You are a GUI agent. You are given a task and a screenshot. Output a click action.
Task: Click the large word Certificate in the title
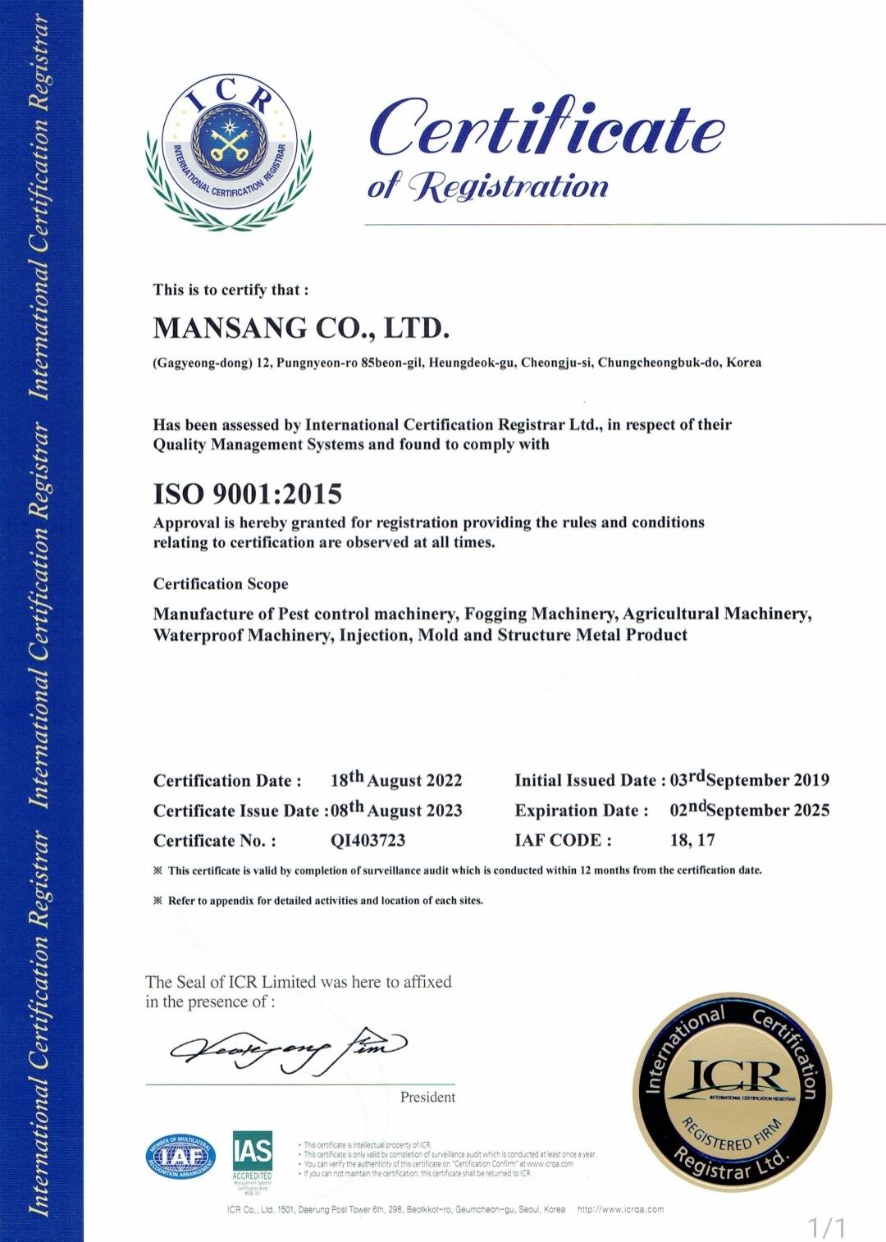point(546,128)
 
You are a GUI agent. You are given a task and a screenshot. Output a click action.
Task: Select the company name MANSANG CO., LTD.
point(301,328)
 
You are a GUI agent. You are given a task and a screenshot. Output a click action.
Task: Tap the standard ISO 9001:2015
point(247,494)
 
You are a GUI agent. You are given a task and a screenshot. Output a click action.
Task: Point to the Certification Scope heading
point(221,584)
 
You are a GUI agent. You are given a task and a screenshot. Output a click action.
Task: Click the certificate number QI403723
point(368,841)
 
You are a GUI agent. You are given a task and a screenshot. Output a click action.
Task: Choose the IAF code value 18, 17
point(692,840)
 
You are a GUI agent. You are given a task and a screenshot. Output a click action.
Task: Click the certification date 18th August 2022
point(396,779)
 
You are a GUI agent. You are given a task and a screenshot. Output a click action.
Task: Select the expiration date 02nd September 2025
point(749,810)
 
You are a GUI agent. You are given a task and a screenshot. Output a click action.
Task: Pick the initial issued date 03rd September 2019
point(749,779)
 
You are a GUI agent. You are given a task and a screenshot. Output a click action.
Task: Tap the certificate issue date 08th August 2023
point(396,810)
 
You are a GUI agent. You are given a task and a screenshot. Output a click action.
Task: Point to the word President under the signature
point(427,1098)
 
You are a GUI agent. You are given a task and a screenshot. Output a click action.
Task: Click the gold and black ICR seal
point(732,1092)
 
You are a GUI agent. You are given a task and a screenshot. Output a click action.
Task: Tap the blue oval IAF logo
point(180,1157)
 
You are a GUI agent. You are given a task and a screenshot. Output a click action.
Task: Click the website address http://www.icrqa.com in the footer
point(620,1209)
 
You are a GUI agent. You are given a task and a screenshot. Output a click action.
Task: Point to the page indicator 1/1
point(827,1228)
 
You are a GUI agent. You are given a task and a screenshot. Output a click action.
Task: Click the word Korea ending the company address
point(743,363)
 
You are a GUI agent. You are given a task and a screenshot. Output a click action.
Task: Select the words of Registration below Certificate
point(487,186)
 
